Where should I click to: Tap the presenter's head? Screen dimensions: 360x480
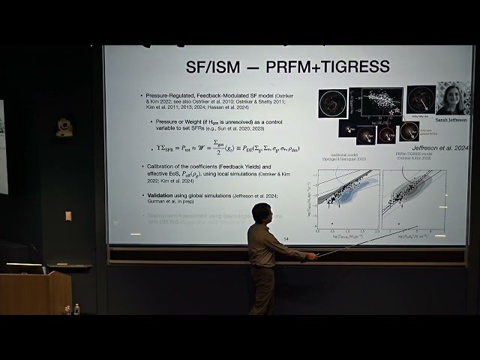coord(261,214)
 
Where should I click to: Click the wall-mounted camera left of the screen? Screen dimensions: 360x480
coord(65,127)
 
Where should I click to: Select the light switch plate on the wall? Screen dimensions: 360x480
coord(68,215)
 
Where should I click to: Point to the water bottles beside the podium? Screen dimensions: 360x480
coord(72,308)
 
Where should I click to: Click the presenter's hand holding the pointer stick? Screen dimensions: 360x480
coord(310,257)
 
